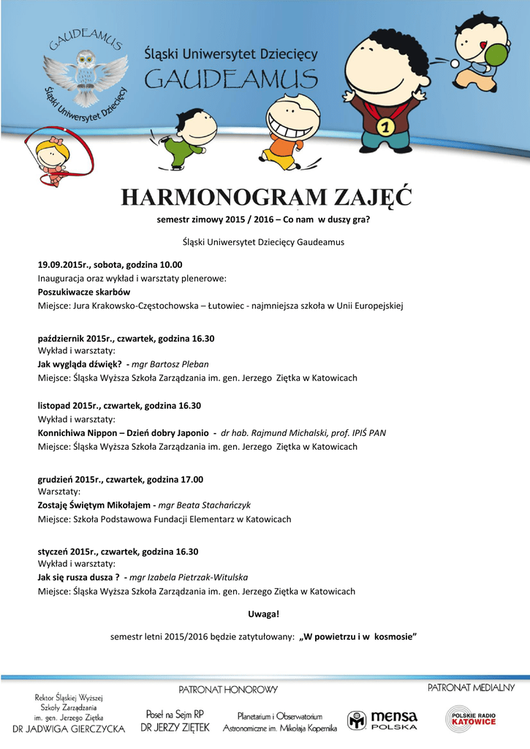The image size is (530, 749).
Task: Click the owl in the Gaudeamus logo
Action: point(86,71)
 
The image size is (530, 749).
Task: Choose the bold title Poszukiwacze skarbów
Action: point(83,291)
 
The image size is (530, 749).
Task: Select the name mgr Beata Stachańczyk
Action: point(204,505)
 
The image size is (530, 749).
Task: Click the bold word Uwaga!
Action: point(264,614)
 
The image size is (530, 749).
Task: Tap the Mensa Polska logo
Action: point(382,719)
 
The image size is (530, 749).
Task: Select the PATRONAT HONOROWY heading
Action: point(228,690)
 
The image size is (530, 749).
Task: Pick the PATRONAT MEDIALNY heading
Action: point(471,688)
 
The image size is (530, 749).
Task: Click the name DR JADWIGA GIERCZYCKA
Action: point(69,729)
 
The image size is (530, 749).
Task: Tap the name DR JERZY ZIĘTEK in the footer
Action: point(175,728)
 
